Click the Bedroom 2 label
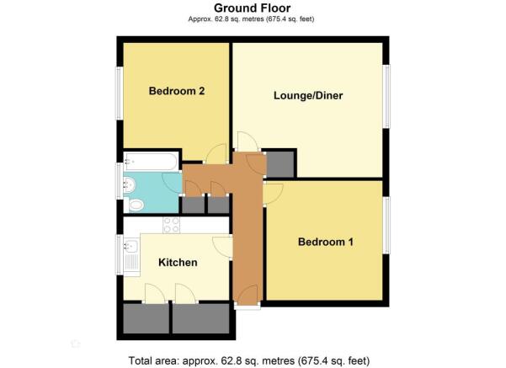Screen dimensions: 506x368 (177, 91)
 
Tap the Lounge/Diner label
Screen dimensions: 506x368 (308, 95)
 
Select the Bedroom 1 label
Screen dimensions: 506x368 (326, 242)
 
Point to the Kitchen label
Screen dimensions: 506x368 (178, 263)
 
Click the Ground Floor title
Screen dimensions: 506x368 (252, 8)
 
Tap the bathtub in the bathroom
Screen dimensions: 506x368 (151, 162)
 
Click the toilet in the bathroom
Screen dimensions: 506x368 (135, 205)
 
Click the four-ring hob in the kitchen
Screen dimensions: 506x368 (172, 225)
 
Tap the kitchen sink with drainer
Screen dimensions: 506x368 (131, 258)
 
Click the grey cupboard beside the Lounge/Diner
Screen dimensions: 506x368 (280, 164)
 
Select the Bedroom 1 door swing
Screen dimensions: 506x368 (273, 194)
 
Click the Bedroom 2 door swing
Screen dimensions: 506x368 (216, 154)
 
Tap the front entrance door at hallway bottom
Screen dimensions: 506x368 (248, 295)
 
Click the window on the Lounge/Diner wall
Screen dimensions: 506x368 (386, 96)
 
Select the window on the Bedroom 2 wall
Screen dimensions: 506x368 (120, 93)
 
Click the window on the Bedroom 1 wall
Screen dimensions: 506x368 (386, 225)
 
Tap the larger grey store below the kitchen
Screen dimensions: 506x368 (200, 318)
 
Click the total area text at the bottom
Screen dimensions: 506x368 (249, 360)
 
